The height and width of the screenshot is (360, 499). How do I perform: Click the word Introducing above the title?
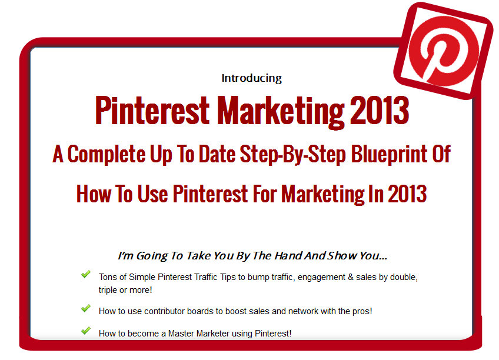[251, 78]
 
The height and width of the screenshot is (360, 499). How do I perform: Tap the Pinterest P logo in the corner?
[444, 51]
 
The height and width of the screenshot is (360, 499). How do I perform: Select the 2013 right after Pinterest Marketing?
[380, 111]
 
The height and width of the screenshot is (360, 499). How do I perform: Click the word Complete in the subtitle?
[107, 155]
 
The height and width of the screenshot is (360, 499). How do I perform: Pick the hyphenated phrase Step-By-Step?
[292, 155]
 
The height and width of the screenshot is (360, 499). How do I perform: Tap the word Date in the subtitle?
[217, 154]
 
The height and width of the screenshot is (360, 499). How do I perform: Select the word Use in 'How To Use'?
[152, 194]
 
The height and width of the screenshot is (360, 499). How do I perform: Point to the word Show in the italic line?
[342, 256]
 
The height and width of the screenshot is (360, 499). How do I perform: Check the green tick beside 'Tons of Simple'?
[85, 274]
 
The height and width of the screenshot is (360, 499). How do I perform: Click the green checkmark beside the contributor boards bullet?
[85, 308]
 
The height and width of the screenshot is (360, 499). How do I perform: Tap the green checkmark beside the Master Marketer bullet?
[85, 331]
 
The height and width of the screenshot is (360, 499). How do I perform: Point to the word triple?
[108, 291]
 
